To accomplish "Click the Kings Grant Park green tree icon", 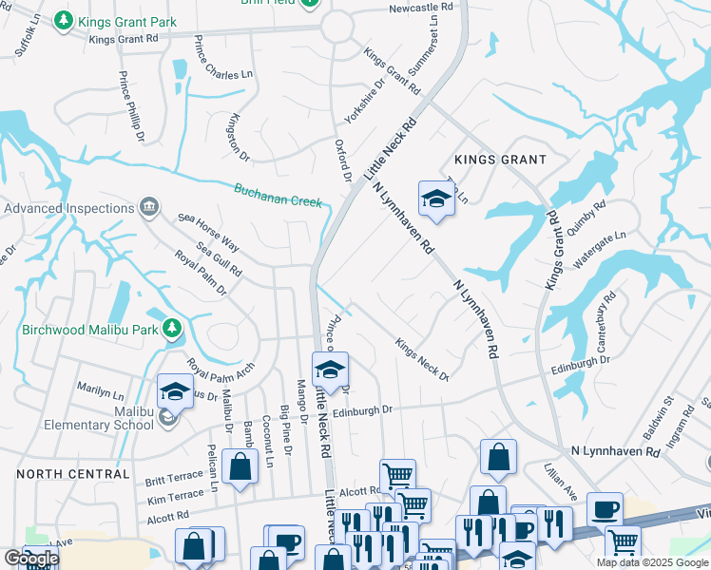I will (64, 20).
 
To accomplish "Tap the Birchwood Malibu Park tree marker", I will (172, 330).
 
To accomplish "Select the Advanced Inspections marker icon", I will (148, 207).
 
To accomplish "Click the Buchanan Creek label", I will (279, 193).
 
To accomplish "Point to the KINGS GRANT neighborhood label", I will (500, 160).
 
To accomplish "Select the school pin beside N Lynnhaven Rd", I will (435, 198).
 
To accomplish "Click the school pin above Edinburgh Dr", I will (331, 369).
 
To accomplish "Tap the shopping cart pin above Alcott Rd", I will (397, 475).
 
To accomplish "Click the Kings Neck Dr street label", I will (422, 359).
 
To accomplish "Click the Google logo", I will (31, 559).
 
